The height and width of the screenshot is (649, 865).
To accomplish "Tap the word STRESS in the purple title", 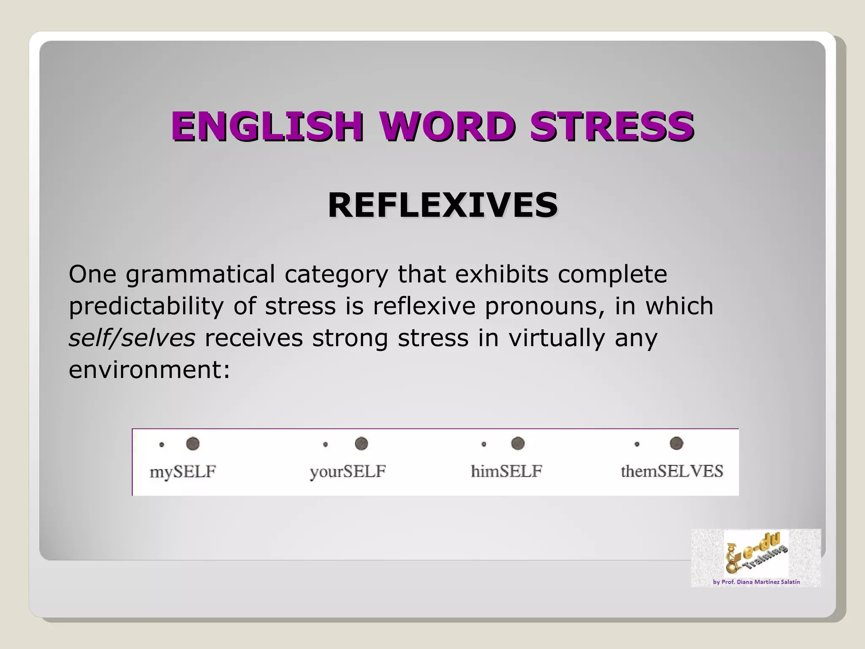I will pyautogui.click(x=612, y=126).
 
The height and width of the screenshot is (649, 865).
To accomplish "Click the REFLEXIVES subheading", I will pyautogui.click(x=443, y=205).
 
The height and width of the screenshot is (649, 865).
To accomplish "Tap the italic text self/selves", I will pyautogui.click(x=132, y=338).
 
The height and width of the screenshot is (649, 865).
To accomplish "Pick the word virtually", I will pyautogui.click(x=557, y=338).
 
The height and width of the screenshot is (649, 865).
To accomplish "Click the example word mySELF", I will pyautogui.click(x=183, y=472).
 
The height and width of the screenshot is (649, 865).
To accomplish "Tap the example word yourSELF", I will pyautogui.click(x=348, y=472).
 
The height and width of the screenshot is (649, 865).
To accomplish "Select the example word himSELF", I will pyautogui.click(x=506, y=471).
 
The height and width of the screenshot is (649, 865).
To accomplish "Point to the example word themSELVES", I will pyautogui.click(x=672, y=471).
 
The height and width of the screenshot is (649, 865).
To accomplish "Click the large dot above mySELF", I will pyautogui.click(x=193, y=444).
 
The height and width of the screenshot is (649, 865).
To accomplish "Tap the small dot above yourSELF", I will pyautogui.click(x=325, y=444).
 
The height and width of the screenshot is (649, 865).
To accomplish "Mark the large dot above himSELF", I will pyautogui.click(x=518, y=443).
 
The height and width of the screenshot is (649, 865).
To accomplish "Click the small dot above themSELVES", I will pyautogui.click(x=637, y=444).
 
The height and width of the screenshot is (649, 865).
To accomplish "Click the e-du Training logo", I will pyautogui.click(x=756, y=554).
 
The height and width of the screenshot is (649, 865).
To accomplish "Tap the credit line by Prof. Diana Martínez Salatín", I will pyautogui.click(x=756, y=582).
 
